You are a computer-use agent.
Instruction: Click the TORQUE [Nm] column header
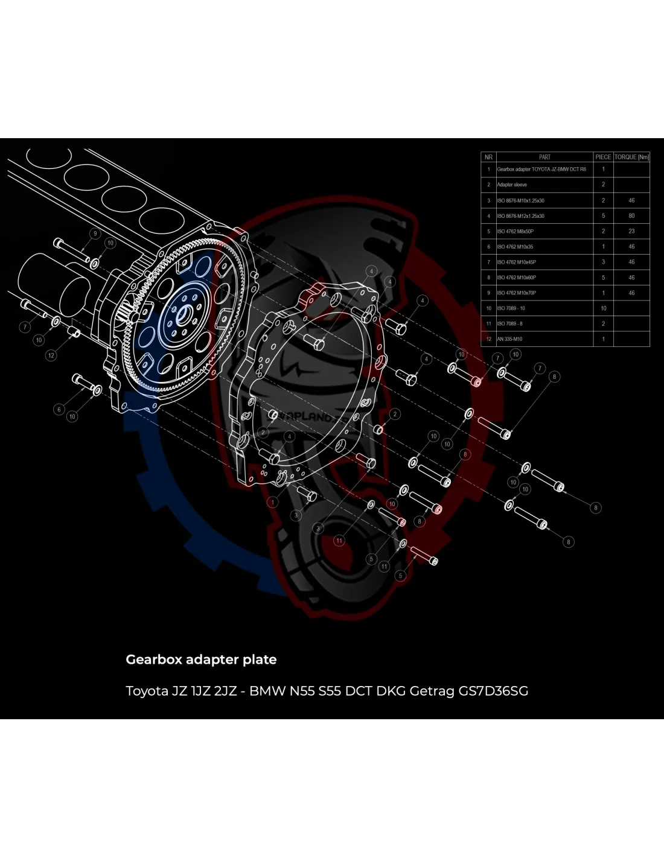click(631, 157)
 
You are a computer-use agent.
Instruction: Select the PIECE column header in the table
click(603, 157)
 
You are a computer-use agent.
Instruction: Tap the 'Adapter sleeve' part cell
click(512, 185)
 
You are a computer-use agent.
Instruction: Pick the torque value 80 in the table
click(631, 215)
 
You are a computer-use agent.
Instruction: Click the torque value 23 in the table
click(631, 231)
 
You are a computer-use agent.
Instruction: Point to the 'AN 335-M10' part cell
click(509, 339)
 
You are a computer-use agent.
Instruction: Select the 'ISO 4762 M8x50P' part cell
click(516, 231)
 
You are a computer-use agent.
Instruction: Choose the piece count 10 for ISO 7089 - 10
click(603, 308)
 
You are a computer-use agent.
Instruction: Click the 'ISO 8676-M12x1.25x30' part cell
click(520, 215)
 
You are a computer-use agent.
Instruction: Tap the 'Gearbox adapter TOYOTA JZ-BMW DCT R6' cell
click(541, 170)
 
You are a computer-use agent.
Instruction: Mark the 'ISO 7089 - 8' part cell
click(510, 323)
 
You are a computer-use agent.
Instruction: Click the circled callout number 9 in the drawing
click(95, 234)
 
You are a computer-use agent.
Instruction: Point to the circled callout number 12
click(51, 355)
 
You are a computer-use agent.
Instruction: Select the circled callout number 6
click(59, 409)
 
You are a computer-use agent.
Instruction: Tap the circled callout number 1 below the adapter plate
click(273, 502)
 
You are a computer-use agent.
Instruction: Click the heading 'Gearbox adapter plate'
click(201, 659)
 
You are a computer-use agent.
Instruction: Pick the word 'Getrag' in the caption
click(432, 691)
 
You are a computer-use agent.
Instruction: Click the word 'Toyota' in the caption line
click(147, 691)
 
